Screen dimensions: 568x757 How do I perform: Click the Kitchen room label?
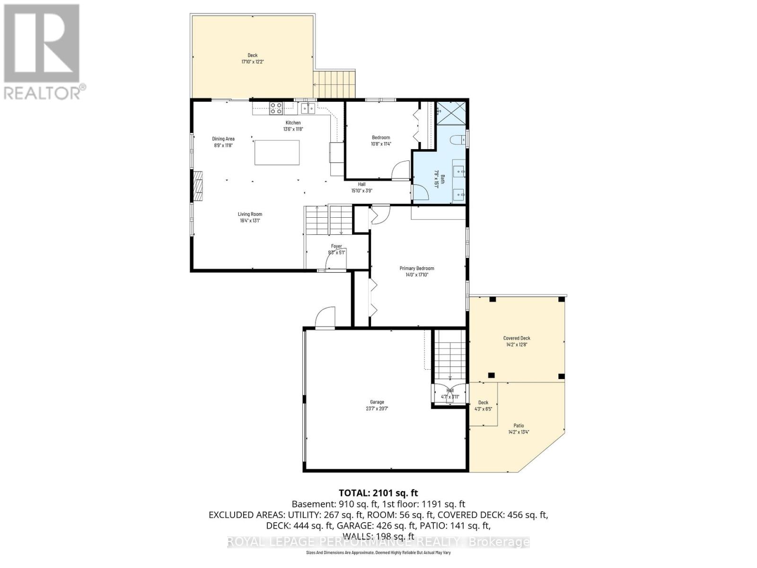click(x=293, y=123)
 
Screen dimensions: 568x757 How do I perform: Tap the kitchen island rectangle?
click(x=277, y=152)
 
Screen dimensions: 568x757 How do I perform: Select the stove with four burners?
click(x=276, y=108)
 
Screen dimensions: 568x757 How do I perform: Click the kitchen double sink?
click(x=308, y=108)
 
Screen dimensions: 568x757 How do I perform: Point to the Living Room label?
click(x=250, y=214)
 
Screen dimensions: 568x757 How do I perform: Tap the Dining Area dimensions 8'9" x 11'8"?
click(x=223, y=145)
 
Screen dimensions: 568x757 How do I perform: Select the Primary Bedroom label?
click(x=416, y=268)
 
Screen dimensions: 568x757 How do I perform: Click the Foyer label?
click(x=336, y=246)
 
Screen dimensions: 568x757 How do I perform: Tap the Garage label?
click(x=377, y=402)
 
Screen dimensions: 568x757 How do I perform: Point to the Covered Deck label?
click(x=517, y=338)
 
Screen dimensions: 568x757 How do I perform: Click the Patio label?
click(x=519, y=426)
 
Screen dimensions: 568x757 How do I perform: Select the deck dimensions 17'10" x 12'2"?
click(x=253, y=62)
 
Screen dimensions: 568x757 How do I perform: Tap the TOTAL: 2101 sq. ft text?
click(x=378, y=493)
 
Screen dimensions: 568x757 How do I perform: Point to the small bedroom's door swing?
click(x=402, y=170)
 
